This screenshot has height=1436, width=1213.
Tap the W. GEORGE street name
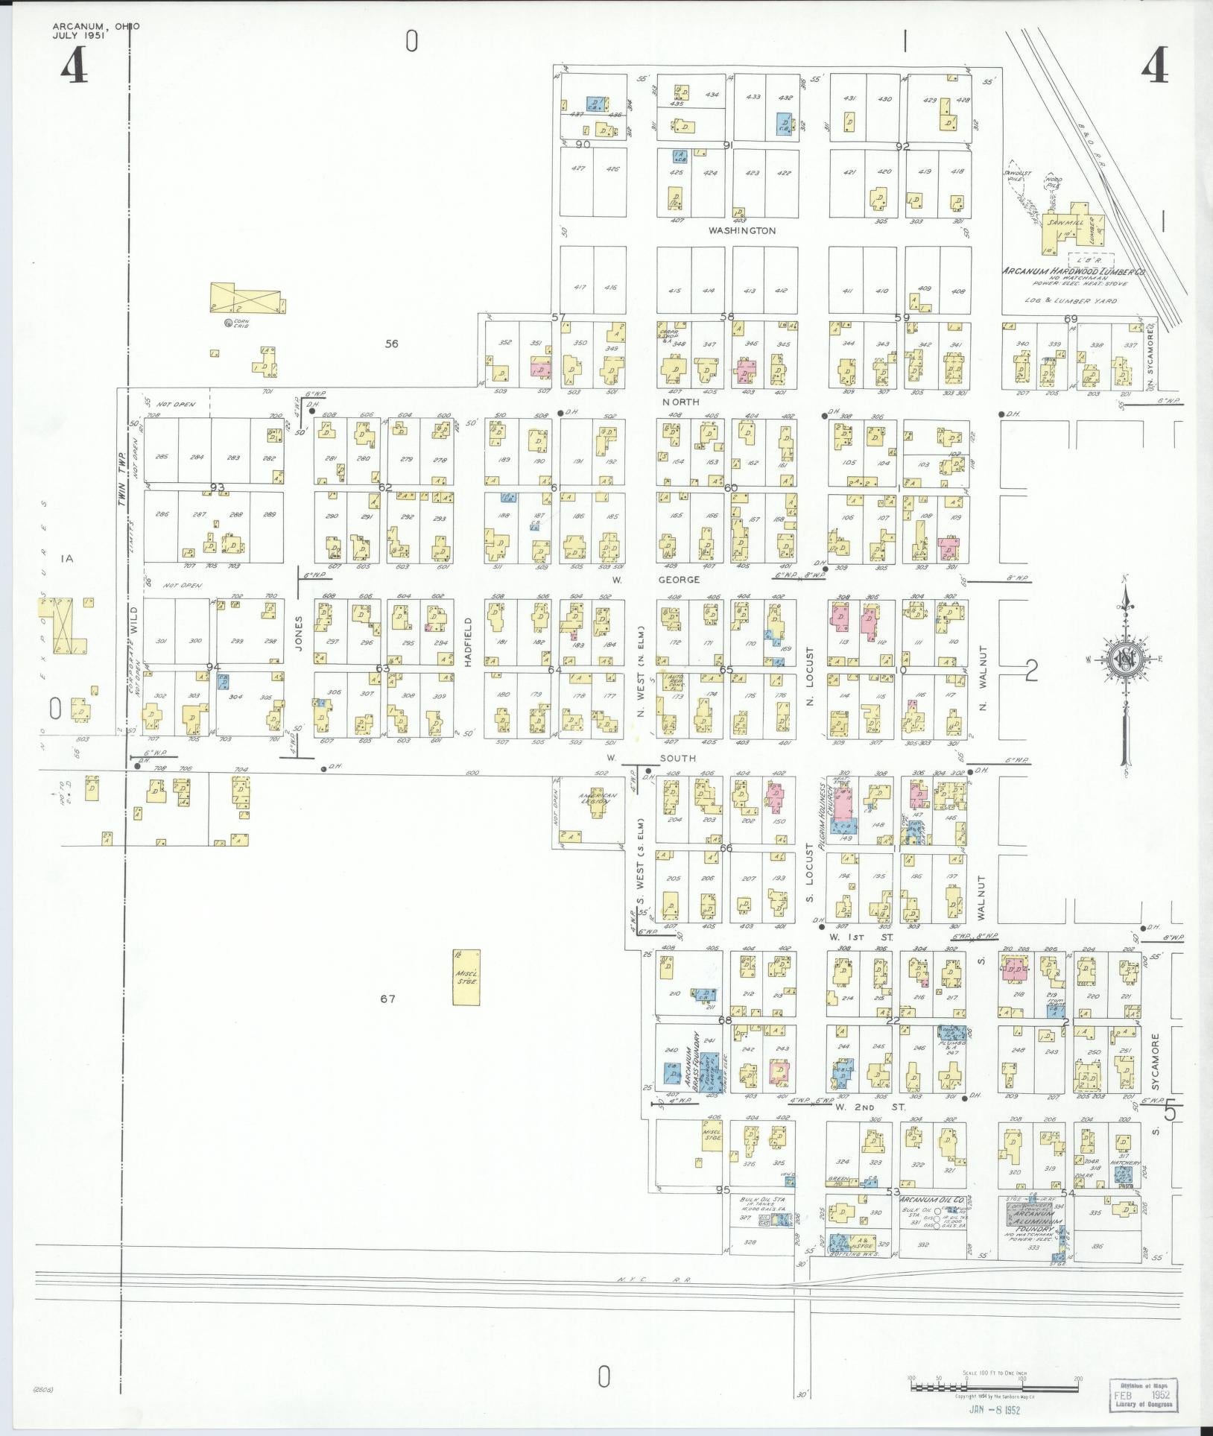656,579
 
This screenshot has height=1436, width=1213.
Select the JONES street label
299,634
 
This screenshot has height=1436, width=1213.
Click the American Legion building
598,799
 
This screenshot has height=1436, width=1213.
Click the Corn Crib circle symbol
228,323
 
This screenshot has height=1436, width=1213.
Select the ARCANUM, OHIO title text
95,26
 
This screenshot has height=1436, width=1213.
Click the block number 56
392,344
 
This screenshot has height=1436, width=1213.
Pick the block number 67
387,999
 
